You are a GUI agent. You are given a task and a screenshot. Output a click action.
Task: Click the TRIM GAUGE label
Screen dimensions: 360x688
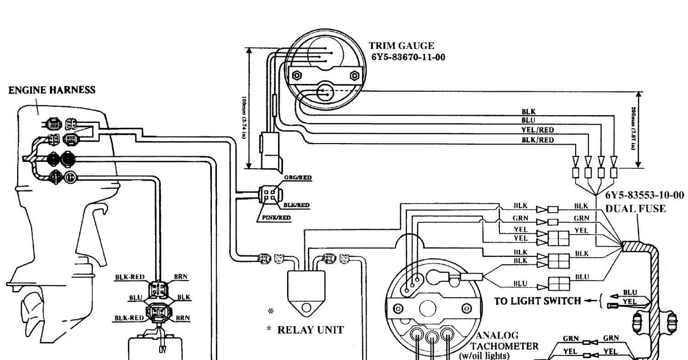coord(401,46)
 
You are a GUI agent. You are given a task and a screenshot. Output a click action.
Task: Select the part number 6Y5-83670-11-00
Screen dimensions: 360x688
coord(408,57)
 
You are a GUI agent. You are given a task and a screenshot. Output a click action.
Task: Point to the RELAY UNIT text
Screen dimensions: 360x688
coord(311,330)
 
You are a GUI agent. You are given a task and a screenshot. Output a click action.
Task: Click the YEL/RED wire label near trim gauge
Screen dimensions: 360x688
coord(538,130)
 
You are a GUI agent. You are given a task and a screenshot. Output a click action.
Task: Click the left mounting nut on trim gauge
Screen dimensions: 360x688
coord(296,75)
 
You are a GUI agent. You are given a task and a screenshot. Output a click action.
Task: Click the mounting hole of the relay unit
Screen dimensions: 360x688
coord(306,307)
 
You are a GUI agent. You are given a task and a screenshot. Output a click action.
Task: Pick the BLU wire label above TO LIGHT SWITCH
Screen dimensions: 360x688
coord(520,283)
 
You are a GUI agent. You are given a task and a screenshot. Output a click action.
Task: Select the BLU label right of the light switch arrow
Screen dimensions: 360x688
coord(630,292)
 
